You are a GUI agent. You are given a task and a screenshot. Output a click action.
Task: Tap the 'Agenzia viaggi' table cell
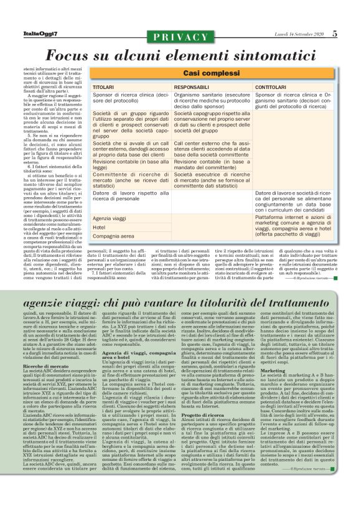click(x=109, y=218)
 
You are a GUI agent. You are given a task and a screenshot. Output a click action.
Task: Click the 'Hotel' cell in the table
click(x=99, y=227)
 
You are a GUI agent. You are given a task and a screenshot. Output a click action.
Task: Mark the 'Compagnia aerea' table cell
click(x=112, y=236)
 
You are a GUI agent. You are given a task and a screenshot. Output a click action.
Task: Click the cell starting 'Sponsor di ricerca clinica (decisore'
click(x=130, y=99)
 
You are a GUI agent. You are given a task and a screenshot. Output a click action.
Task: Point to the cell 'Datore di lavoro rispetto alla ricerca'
click(x=130, y=197)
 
